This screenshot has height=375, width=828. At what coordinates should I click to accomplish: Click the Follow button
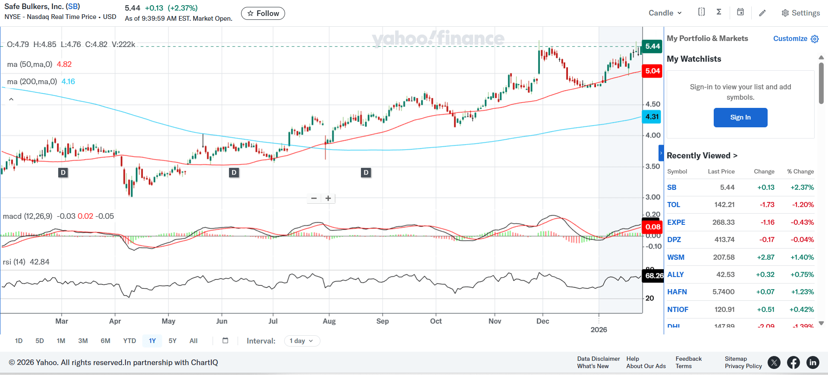(x=263, y=13)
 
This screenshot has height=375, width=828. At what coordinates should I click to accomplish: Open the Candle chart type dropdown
(x=665, y=13)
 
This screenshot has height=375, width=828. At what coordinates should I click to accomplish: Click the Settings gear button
(x=800, y=13)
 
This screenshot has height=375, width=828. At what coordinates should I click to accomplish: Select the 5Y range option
(x=172, y=341)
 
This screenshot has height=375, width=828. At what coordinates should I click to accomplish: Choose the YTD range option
(x=129, y=341)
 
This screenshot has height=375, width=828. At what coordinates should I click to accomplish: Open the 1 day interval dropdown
(x=302, y=341)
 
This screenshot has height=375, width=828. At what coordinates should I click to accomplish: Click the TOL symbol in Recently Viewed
(x=673, y=205)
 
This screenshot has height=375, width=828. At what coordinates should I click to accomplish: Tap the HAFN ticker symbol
(x=677, y=292)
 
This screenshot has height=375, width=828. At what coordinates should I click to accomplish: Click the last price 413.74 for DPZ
(x=724, y=239)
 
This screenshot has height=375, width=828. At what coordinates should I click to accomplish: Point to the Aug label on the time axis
(x=329, y=321)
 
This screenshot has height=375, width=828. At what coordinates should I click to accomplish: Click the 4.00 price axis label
(x=653, y=135)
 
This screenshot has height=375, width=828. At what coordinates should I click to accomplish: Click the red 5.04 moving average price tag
(x=652, y=71)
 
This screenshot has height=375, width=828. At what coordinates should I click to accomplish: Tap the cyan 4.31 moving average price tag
(x=652, y=117)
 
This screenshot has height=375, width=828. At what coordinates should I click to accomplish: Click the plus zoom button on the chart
(x=328, y=199)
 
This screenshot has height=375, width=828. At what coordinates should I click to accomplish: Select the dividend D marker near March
(x=63, y=173)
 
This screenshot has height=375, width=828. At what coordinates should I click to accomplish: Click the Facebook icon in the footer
(x=793, y=362)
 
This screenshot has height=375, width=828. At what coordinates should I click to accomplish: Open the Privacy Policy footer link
(x=743, y=366)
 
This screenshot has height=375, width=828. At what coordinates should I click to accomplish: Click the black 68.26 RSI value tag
(x=654, y=275)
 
